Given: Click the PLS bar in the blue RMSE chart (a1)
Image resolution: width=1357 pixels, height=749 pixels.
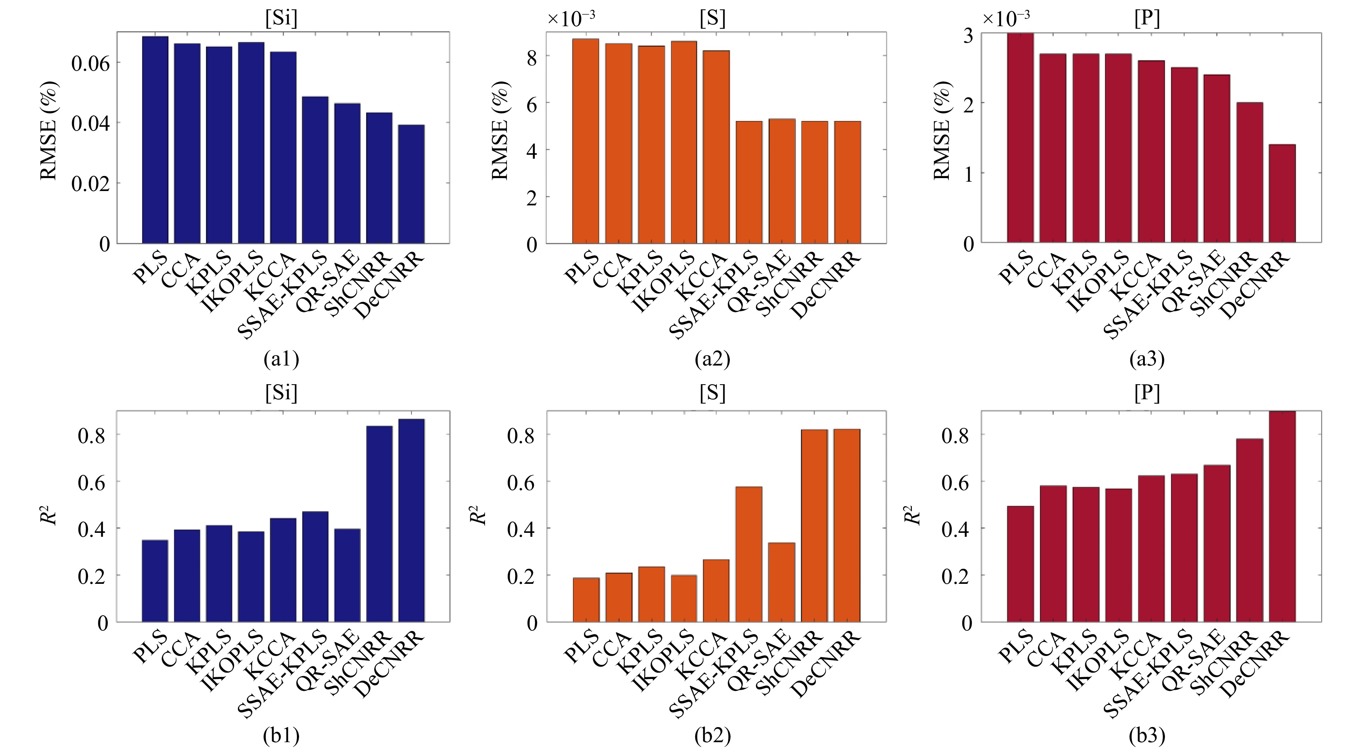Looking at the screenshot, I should click(x=155, y=140).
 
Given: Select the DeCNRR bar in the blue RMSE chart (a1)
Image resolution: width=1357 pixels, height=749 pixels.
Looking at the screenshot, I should click(x=411, y=184).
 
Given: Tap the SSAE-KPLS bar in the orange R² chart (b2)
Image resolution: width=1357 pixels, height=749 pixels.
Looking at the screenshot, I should click(x=749, y=554).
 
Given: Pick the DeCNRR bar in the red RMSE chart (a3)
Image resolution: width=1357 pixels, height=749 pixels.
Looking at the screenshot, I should click(x=1282, y=193).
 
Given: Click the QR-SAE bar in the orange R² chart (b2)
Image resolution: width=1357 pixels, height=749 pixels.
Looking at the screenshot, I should click(x=782, y=582).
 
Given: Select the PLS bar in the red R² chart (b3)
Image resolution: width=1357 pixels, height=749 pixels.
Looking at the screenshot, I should click(x=1020, y=564).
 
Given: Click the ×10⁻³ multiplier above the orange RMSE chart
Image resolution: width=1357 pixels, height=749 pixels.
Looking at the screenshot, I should click(x=571, y=19).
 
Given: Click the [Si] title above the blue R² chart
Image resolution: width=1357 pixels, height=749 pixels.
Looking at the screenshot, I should click(x=281, y=392).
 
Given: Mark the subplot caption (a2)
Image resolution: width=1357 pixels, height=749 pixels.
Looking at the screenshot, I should click(x=712, y=359).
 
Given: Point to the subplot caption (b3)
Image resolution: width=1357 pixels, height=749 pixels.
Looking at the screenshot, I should click(x=1147, y=735).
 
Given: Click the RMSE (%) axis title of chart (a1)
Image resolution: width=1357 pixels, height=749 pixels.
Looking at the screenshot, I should click(x=48, y=131).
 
